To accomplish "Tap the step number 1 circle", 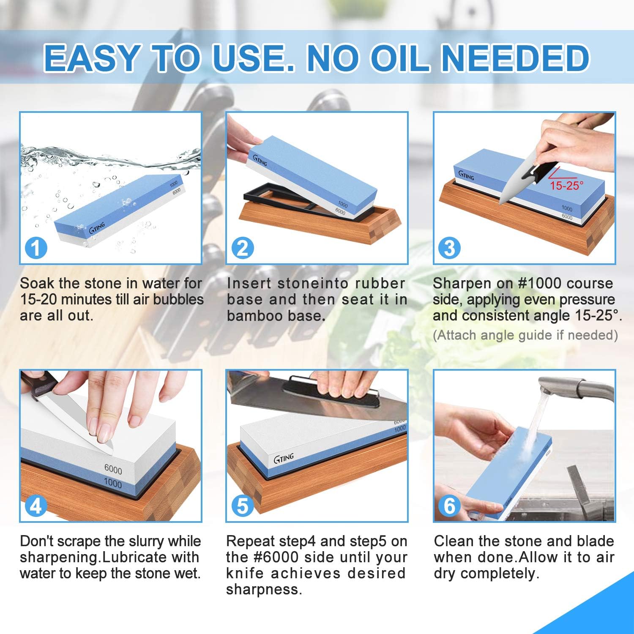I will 36,248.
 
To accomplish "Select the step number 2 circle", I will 243,248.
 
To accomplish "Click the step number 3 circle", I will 449,248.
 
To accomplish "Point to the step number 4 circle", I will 36,506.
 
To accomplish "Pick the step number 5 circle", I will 243,506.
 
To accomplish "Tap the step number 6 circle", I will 449,506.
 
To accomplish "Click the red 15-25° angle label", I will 566,185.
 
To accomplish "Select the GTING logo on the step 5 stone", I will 284,458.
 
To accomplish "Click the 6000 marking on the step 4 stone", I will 113,470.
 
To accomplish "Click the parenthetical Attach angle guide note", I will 525,335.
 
